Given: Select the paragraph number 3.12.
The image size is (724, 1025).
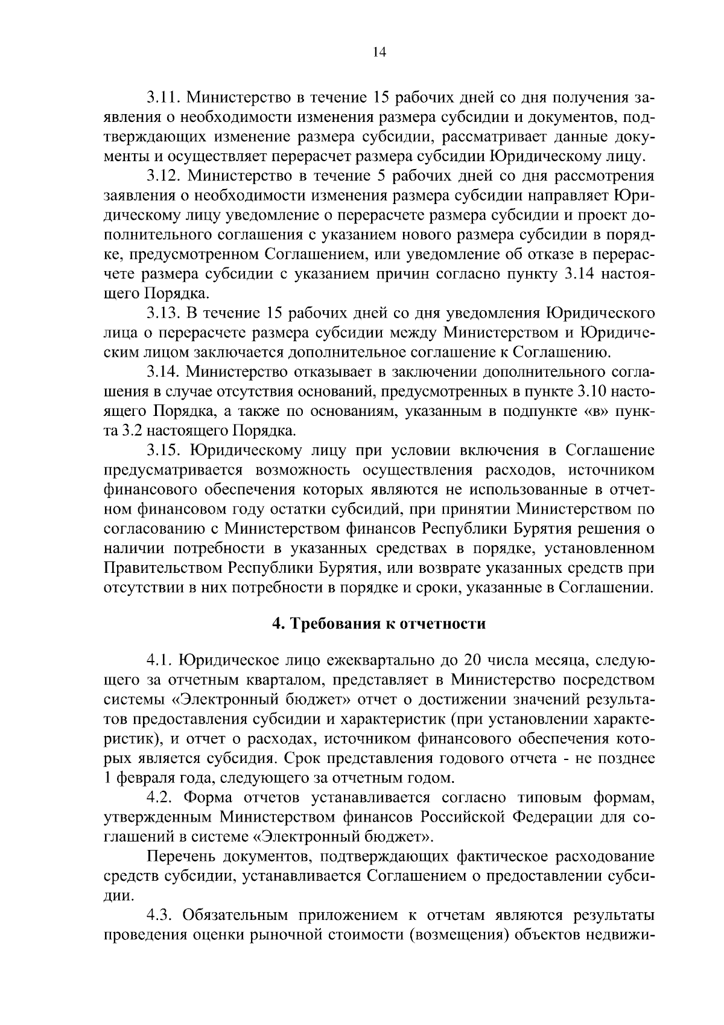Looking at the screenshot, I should click(164, 176).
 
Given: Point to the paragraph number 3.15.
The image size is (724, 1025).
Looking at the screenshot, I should click(164, 451).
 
